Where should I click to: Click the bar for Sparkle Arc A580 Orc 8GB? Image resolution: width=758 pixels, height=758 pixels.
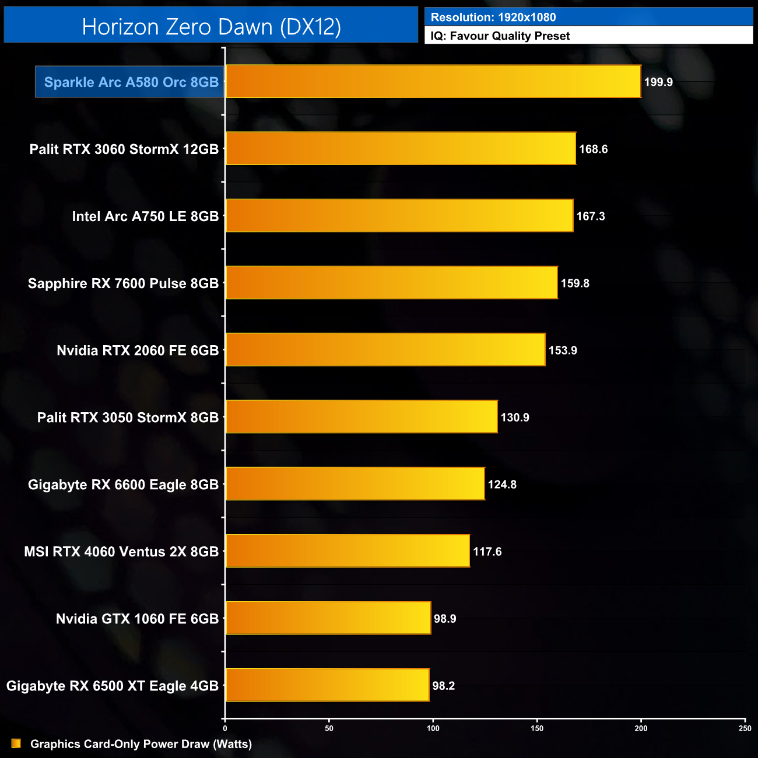(x=433, y=82)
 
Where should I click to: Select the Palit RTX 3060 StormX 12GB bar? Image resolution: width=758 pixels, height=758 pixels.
(x=401, y=149)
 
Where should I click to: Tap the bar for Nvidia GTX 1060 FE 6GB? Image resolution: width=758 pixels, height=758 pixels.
(x=328, y=618)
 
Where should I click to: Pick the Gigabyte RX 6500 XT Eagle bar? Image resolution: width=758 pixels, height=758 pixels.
(x=327, y=685)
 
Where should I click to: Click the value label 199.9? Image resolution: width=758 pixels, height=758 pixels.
(x=658, y=82)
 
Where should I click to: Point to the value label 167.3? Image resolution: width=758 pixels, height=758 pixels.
(x=591, y=216)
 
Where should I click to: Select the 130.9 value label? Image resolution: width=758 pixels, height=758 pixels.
(x=515, y=417)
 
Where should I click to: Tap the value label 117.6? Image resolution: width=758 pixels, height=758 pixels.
(x=487, y=552)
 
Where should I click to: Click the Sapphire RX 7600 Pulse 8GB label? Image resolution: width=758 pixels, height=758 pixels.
(x=123, y=283)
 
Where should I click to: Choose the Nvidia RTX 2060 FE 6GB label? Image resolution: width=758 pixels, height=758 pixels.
(x=138, y=350)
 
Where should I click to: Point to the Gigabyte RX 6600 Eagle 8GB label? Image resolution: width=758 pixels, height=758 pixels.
(x=123, y=485)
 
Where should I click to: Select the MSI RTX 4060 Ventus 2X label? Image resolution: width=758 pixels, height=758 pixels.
(x=121, y=552)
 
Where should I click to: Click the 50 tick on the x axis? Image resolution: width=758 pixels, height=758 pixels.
(x=329, y=728)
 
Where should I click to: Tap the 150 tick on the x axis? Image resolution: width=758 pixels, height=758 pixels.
(x=537, y=728)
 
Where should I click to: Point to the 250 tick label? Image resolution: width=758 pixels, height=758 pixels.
(x=745, y=728)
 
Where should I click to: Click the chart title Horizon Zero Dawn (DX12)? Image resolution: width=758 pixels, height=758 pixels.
(x=211, y=27)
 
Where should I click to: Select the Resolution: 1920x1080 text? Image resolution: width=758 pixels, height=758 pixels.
(x=493, y=17)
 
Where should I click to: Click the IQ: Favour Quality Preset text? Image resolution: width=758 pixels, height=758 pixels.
(x=500, y=36)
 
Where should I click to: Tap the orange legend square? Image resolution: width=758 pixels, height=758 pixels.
(x=16, y=743)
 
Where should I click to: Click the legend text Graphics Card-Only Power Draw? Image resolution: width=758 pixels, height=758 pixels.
(x=141, y=744)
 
